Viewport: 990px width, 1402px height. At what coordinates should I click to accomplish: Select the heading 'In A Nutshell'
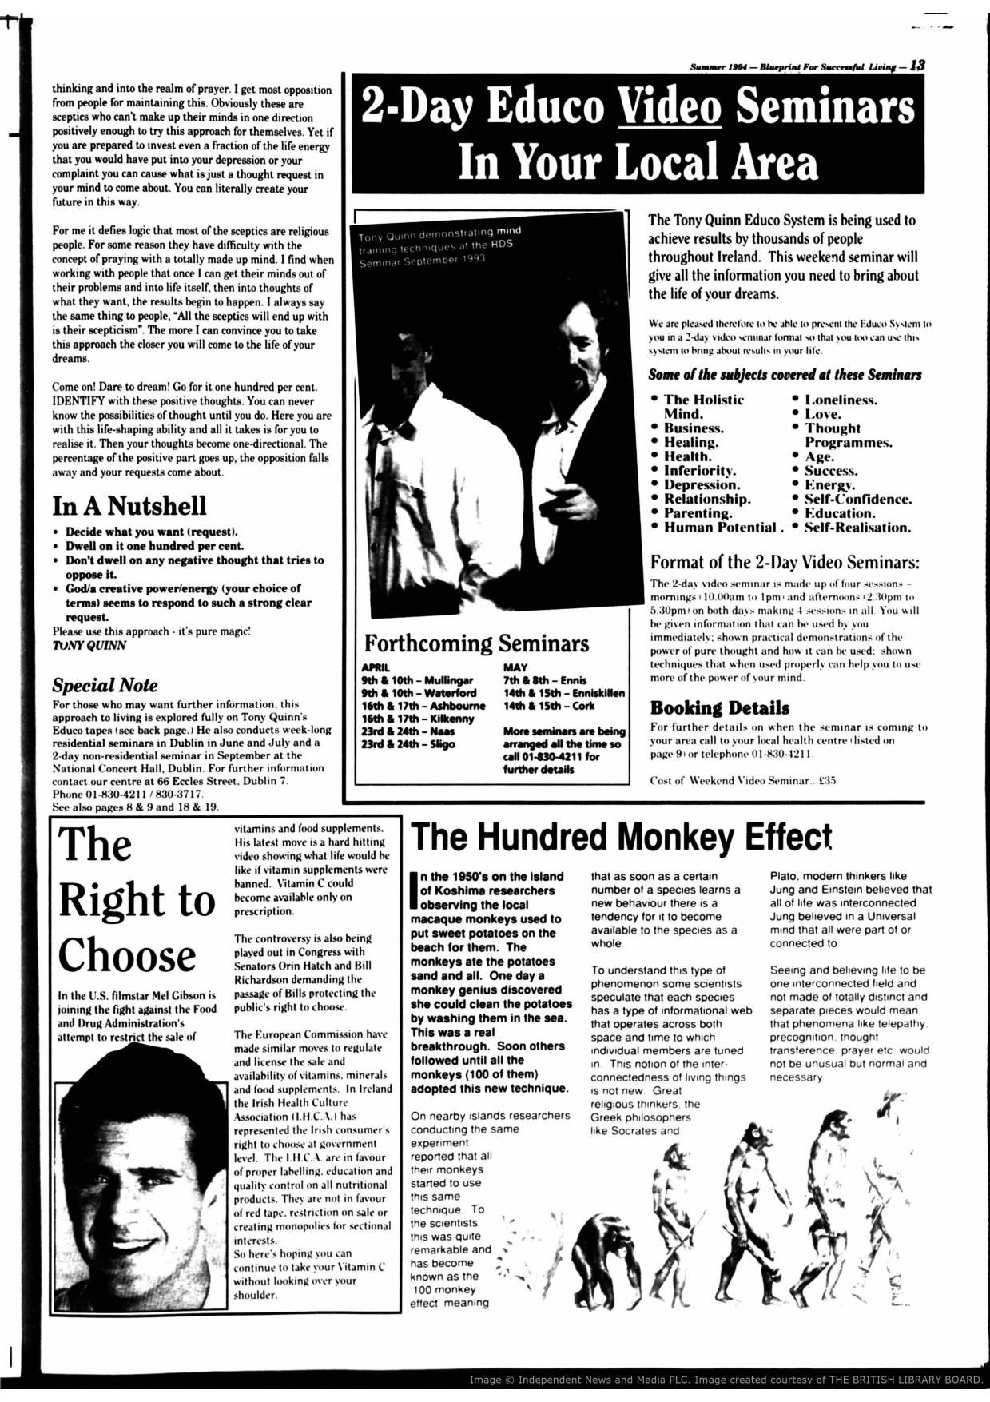pos(129,506)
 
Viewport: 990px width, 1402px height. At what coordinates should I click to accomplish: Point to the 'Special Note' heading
pos(105,685)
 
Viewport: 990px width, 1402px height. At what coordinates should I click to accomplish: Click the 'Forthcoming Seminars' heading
pos(476,643)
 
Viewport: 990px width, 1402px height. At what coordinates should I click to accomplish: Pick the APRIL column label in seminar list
pos(376,667)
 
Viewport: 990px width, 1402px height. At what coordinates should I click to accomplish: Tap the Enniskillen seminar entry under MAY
pos(563,693)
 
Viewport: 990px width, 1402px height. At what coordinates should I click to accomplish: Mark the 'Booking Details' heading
pos(719,708)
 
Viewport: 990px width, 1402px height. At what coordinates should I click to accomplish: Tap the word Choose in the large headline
pos(126,955)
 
